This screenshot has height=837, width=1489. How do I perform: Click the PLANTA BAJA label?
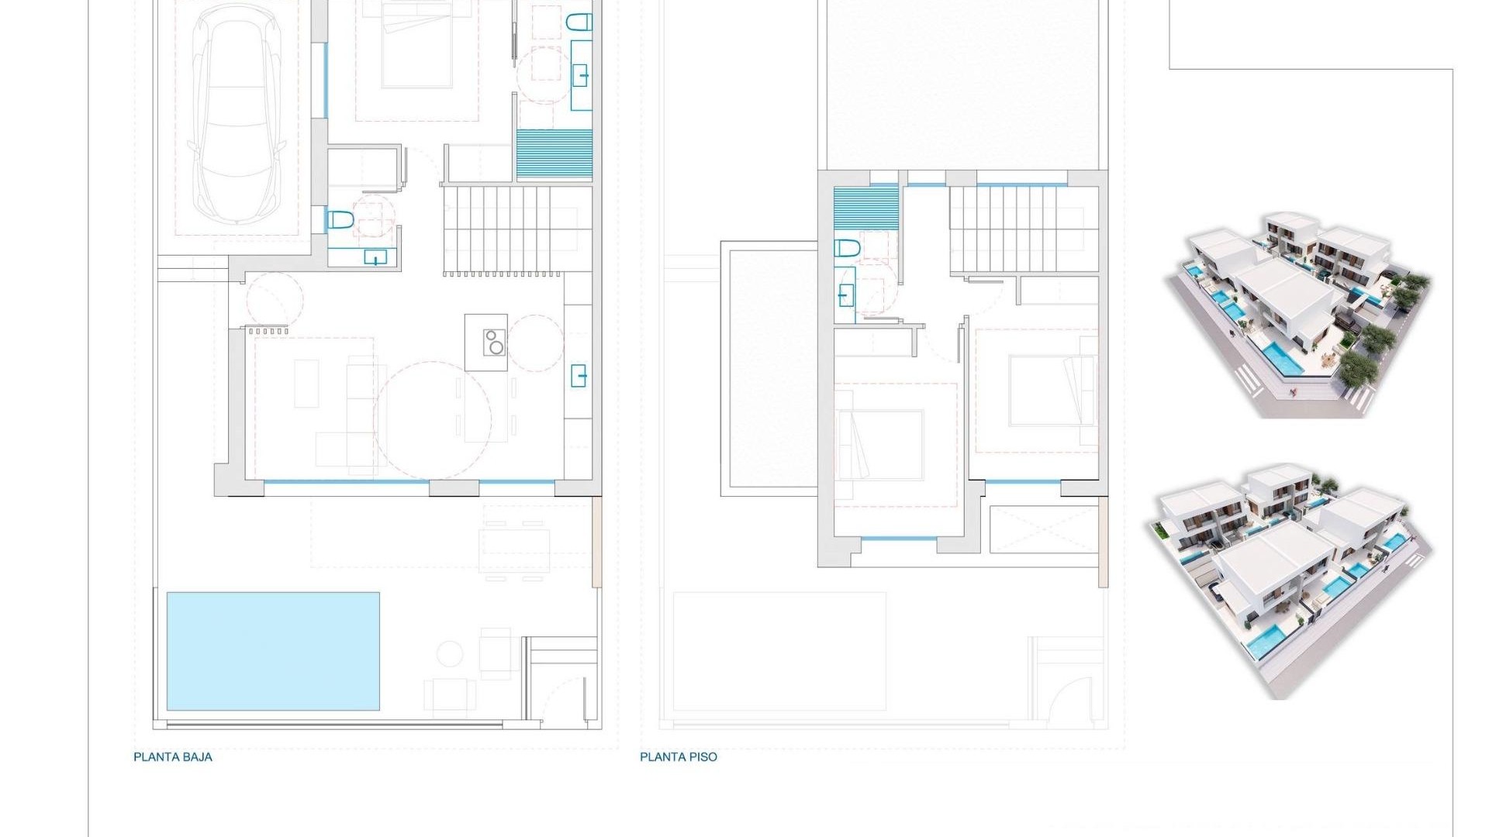(172, 757)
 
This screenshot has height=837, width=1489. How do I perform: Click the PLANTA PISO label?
(678, 757)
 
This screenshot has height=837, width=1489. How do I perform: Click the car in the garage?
(236, 116)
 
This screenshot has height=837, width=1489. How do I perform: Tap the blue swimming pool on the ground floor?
(273, 651)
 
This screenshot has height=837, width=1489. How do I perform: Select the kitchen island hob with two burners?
(494, 342)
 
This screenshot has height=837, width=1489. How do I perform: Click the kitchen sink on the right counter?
(579, 376)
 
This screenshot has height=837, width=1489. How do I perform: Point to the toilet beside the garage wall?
(340, 221)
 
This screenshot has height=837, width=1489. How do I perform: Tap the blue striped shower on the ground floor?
(554, 155)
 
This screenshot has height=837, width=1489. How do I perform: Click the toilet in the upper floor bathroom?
(847, 249)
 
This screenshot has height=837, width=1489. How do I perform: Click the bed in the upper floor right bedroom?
(1043, 390)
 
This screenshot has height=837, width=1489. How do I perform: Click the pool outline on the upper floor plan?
(779, 651)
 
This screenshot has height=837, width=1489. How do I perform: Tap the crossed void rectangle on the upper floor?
(1045, 529)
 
